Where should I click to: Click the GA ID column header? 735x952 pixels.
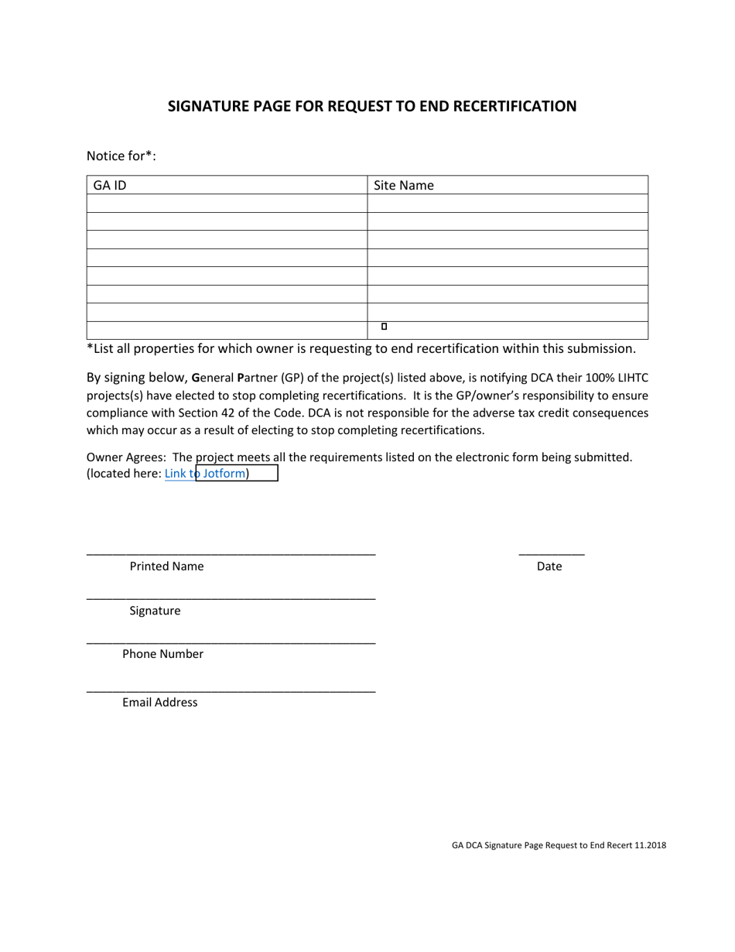tap(110, 186)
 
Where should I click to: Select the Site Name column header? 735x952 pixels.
tap(404, 186)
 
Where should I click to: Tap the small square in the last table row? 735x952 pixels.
tap(384, 327)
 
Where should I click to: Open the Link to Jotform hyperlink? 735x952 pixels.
tap(206, 474)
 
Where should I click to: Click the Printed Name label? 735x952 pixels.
tap(166, 567)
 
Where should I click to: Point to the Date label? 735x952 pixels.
tap(549, 567)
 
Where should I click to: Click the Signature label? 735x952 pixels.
tap(155, 611)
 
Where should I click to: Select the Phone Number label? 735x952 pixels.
tap(162, 654)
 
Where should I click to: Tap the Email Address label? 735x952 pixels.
tap(159, 703)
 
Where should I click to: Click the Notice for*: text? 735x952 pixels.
tap(121, 156)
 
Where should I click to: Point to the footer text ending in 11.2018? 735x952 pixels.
tap(559, 846)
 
